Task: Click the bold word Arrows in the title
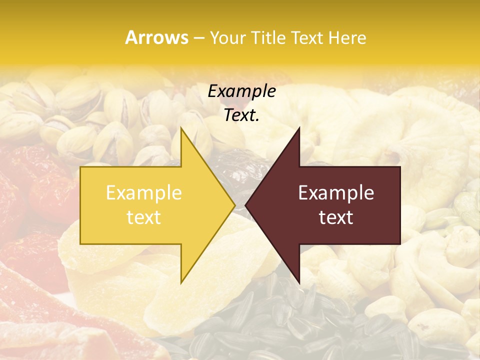pyautogui.click(x=157, y=38)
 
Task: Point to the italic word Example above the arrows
pyautogui.click(x=241, y=91)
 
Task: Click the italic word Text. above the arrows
pyautogui.click(x=241, y=115)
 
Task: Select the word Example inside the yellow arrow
pyautogui.click(x=144, y=193)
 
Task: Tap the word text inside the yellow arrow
pyautogui.click(x=144, y=217)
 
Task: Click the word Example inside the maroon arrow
pyautogui.click(x=336, y=193)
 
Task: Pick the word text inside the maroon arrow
pyautogui.click(x=336, y=217)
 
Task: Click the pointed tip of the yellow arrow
pyautogui.click(x=235, y=205)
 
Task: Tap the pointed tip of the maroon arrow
pyautogui.click(x=245, y=205)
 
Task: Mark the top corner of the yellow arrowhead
pyautogui.click(x=181, y=127)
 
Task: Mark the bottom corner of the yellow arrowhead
pyautogui.click(x=181, y=283)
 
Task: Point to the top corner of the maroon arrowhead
pyautogui.click(x=299, y=127)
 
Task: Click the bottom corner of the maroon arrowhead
pyautogui.click(x=299, y=283)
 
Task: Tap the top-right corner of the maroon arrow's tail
pyautogui.click(x=400, y=166)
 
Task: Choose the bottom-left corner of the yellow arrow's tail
pyautogui.click(x=80, y=244)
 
